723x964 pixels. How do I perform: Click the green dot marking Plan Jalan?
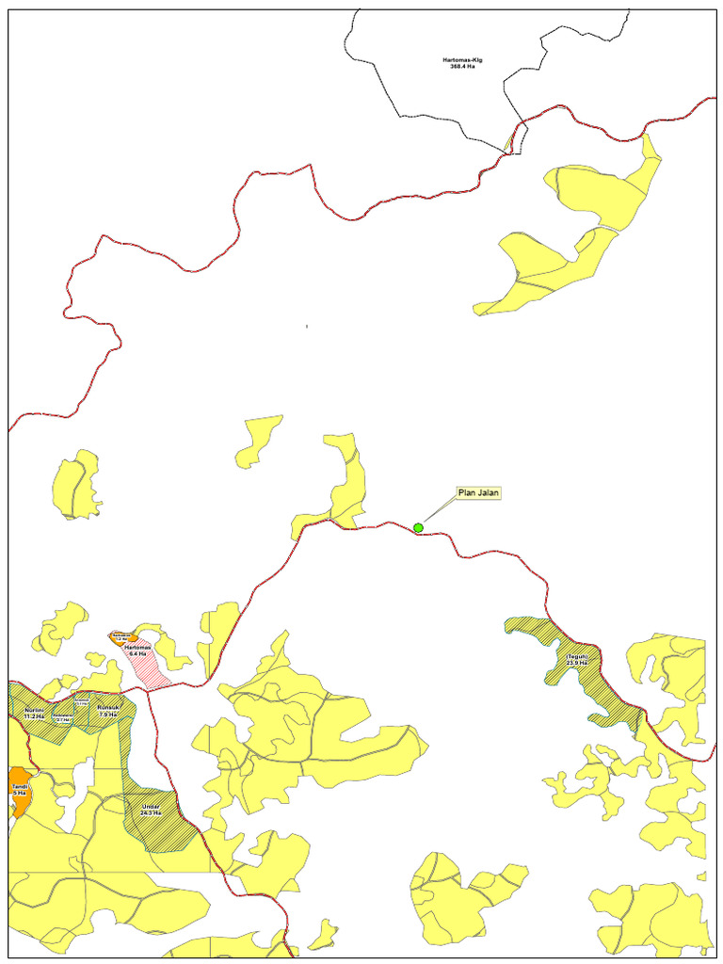tap(418, 527)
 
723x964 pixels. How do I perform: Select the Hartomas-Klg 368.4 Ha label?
tap(463, 63)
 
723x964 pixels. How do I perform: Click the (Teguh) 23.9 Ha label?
tap(576, 659)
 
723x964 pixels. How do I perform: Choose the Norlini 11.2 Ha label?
tap(34, 712)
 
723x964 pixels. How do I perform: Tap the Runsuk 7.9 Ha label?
tap(107, 711)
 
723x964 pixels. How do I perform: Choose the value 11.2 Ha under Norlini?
tap(34, 716)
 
